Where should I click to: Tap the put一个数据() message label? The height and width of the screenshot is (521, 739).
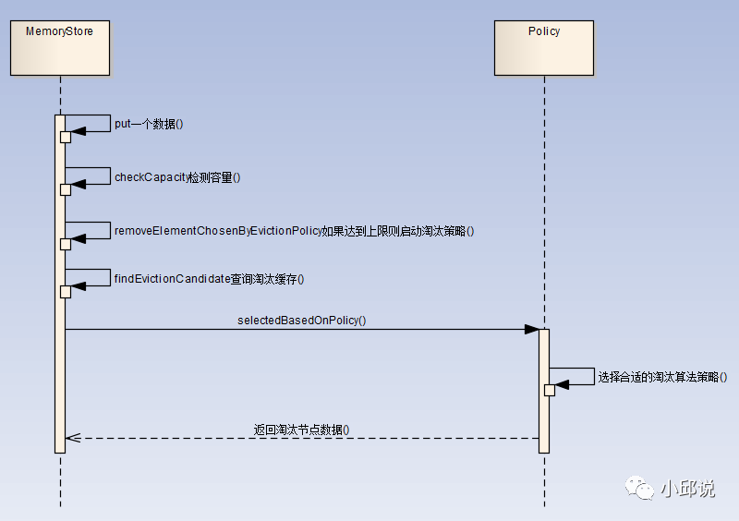pos(149,124)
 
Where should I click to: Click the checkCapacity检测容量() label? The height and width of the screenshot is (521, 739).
pos(177,176)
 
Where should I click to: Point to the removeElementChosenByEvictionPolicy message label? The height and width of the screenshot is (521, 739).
pos(294,230)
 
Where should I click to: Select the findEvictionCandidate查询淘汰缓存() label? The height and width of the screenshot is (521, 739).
pos(209,279)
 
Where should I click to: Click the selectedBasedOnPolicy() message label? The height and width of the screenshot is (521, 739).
pos(302,320)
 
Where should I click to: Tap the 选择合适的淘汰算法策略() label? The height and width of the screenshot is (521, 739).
pos(662,377)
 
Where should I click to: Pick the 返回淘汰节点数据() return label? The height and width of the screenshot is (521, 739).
pos(302,430)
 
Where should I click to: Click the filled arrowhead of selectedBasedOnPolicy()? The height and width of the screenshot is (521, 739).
pos(532,329)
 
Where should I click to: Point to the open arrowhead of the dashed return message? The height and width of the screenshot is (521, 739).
pos(73,438)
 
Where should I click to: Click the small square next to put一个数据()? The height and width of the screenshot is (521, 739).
pos(66,137)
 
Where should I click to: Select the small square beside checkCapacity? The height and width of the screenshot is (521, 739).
pos(66,189)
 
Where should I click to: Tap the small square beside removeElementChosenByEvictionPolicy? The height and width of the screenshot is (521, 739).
pos(66,244)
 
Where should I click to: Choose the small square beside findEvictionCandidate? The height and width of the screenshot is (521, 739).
pos(66,292)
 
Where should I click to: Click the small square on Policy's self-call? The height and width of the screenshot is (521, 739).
pos(550,390)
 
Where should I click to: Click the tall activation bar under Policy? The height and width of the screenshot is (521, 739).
pos(544,416)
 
